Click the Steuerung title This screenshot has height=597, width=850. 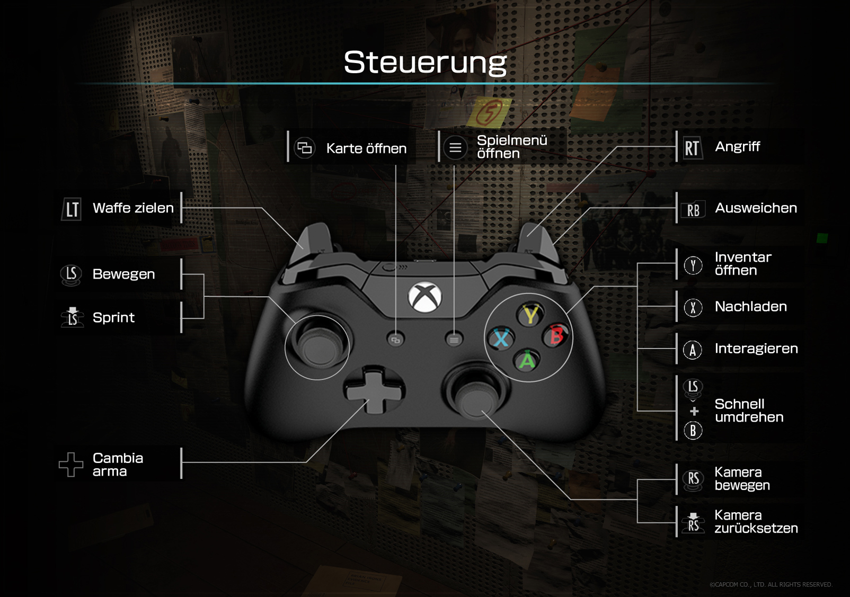(x=425, y=63)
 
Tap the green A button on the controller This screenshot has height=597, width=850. (x=527, y=360)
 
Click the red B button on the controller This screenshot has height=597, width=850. (x=556, y=335)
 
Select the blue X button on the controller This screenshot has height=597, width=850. (x=501, y=338)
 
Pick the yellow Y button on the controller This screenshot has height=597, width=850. (x=530, y=315)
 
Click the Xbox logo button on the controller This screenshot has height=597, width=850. (x=424, y=297)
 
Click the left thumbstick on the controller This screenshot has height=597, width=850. (x=318, y=347)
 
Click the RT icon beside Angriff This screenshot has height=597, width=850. (x=692, y=148)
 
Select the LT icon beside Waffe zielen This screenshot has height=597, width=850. (x=72, y=209)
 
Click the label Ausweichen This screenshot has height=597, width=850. (x=756, y=208)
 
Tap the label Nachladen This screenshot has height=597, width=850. (x=750, y=307)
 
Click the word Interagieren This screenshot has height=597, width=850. (x=756, y=349)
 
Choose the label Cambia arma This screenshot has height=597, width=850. (x=118, y=465)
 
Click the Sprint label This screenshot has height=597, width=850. (x=113, y=318)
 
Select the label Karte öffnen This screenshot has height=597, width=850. (x=366, y=149)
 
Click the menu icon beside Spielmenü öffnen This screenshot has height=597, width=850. (x=455, y=148)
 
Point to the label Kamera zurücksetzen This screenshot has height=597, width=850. (x=756, y=522)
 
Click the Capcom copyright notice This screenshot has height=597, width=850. (x=771, y=584)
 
